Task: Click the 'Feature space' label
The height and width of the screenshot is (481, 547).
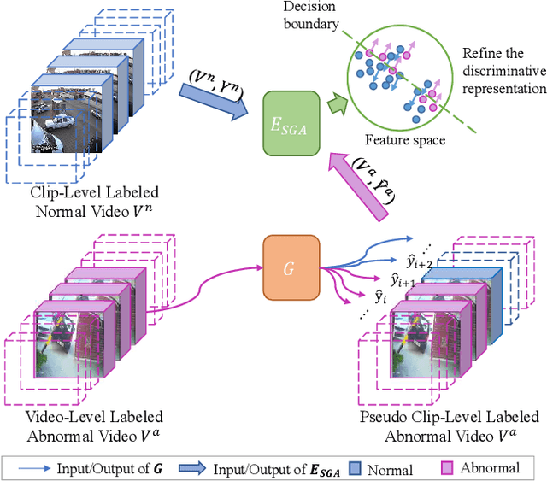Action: pos(406,139)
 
